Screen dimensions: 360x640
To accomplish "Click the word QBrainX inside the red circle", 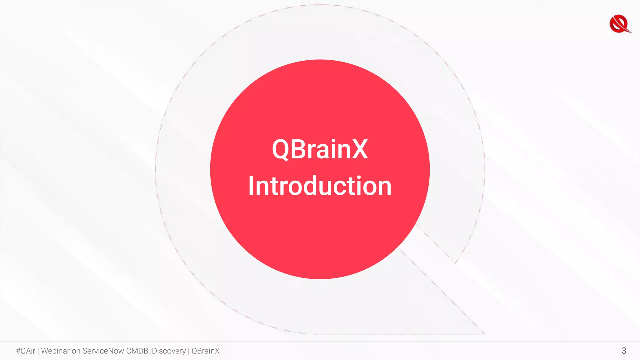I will coord(320,149).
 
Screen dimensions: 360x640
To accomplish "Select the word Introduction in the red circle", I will coord(320,186).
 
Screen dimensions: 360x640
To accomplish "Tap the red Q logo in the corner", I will coord(620,24).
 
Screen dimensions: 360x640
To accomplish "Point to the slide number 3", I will coord(624,351).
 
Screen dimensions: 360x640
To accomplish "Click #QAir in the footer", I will coord(26,351).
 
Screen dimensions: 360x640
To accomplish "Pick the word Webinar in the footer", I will coord(55,351).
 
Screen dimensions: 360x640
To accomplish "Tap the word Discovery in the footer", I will coord(169,351).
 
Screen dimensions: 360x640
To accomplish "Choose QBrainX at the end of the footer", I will coord(206,351).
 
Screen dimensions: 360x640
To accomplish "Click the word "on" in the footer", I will coord(76,351).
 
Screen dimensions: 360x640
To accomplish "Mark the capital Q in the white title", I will coord(281,150).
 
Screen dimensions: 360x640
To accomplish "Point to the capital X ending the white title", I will coord(360,149).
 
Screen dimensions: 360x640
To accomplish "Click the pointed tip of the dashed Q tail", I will coord(484,333).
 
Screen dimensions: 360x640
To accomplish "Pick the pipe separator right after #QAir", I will coord(38,351).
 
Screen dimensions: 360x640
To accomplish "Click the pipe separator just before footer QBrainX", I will coord(189,351).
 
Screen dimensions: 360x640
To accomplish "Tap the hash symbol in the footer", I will coord(18,351).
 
